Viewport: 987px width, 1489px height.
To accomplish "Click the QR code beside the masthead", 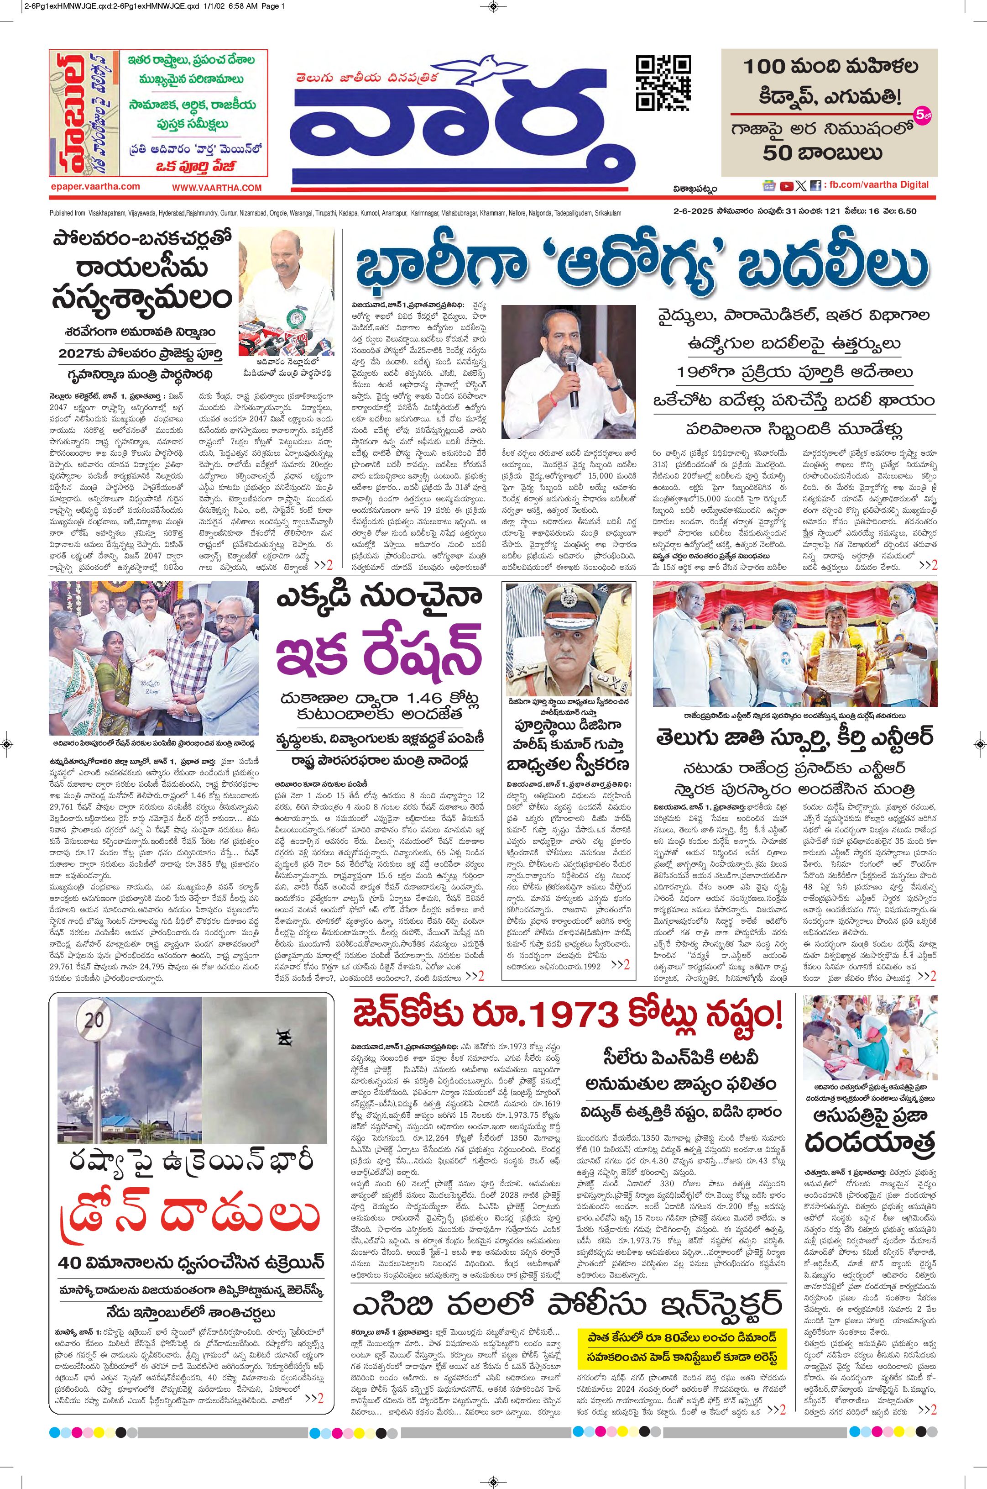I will click(x=663, y=83).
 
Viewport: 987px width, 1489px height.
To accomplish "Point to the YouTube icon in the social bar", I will click(x=786, y=186).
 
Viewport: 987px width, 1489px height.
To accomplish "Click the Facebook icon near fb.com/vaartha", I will click(x=815, y=186).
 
